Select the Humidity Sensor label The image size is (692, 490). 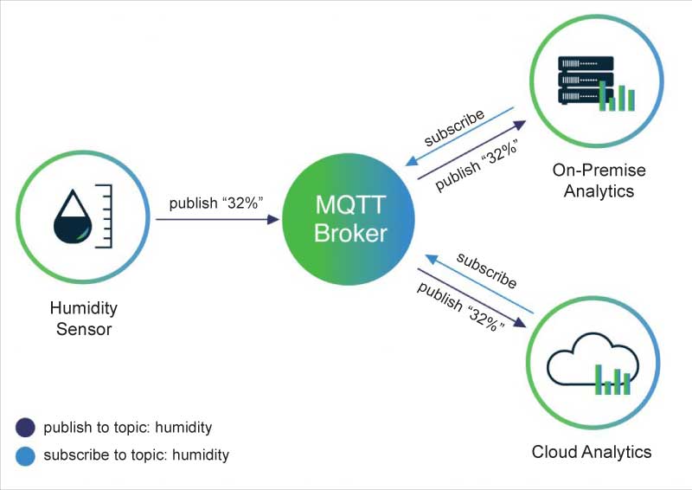pyautogui.click(x=84, y=318)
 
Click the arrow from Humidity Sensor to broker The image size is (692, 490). pyautogui.click(x=217, y=220)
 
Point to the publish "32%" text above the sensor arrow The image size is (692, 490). pyautogui.click(x=215, y=203)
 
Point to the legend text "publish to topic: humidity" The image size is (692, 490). pyautogui.click(x=127, y=427)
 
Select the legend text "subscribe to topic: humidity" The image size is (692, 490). pyautogui.click(x=136, y=455)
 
